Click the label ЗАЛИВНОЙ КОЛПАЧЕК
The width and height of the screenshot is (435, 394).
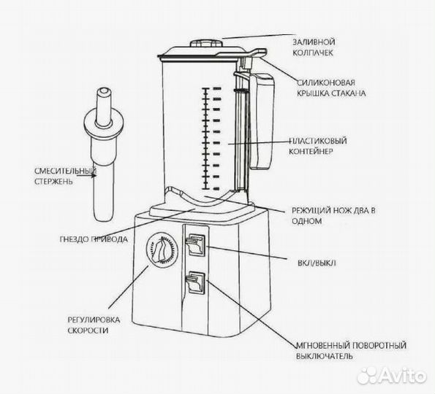[314, 47]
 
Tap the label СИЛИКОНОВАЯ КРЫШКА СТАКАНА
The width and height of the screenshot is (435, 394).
[331, 88]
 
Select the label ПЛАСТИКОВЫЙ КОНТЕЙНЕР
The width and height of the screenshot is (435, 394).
[317, 146]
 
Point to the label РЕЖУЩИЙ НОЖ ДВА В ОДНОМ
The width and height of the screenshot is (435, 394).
[333, 215]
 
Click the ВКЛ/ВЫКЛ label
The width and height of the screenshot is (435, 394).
[317, 263]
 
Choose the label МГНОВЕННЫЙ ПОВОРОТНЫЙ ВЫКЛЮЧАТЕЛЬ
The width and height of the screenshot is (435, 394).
[351, 350]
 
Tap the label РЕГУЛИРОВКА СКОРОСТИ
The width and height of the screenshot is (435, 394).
[94, 325]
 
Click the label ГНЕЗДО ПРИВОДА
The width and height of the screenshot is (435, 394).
[94, 239]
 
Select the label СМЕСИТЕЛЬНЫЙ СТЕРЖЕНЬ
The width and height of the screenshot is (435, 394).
[65, 176]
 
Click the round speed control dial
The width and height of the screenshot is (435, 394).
[162, 250]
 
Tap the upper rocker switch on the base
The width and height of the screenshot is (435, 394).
[196, 244]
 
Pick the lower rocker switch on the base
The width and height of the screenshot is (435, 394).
[196, 283]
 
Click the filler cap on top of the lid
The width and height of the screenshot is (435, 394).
[206, 44]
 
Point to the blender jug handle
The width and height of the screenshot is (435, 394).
[262, 121]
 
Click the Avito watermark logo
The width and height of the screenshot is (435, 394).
[391, 376]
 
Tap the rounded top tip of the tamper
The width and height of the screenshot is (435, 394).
[104, 91]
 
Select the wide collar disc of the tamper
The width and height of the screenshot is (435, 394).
[104, 122]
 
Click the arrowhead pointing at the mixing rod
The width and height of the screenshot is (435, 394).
[94, 175]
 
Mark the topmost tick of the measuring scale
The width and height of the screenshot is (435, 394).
[205, 88]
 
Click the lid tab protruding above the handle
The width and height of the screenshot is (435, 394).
[258, 52]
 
